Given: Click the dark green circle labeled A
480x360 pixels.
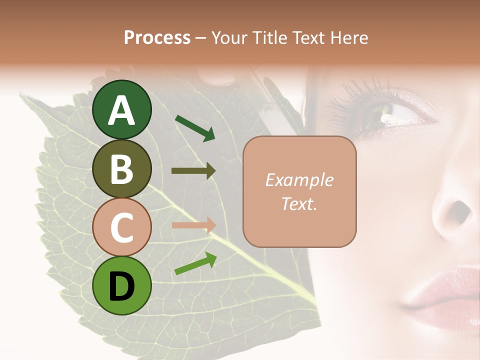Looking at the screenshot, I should pyautogui.click(x=122, y=109).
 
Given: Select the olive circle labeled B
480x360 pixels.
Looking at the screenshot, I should pyautogui.click(x=122, y=168).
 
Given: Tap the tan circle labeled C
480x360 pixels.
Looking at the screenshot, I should pyautogui.click(x=122, y=227).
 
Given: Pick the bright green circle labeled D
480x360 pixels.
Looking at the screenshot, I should pyautogui.click(x=122, y=286).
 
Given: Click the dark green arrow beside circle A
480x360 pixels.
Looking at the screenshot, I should pyautogui.click(x=195, y=128).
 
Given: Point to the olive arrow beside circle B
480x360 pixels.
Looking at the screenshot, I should pyautogui.click(x=193, y=171).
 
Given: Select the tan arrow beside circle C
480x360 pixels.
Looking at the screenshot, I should pyautogui.click(x=193, y=225).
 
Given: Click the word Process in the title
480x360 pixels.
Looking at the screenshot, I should pyautogui.click(x=157, y=37).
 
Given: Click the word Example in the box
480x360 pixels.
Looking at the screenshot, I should pyautogui.click(x=299, y=180).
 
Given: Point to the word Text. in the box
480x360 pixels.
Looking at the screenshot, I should pyautogui.click(x=299, y=203).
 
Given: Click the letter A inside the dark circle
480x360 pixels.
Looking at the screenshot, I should pyautogui.click(x=122, y=110).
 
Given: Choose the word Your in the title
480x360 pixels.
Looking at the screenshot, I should pyautogui.click(x=229, y=37).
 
